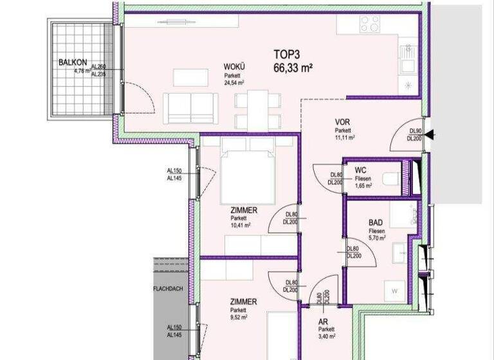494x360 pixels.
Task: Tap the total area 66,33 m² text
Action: click(293, 67)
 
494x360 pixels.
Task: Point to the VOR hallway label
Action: click(342, 122)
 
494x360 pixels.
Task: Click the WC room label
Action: click(360, 170)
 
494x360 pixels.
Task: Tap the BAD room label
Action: click(376, 221)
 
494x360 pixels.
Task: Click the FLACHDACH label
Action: click(169, 289)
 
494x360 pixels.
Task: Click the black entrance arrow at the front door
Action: click(430, 134)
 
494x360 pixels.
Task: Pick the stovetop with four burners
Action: click(370, 24)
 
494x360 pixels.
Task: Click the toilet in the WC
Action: click(390, 178)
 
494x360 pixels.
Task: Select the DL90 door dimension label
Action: click(415, 131)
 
